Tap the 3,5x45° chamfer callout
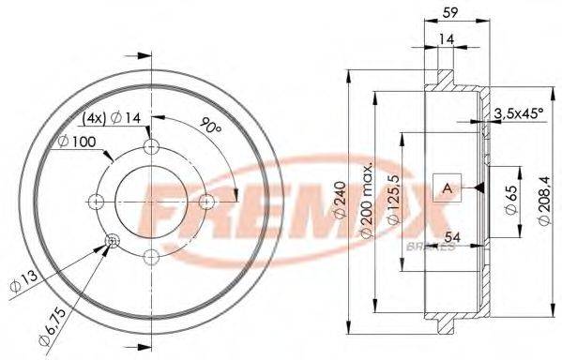tap(518, 113)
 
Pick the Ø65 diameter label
tap(510, 200)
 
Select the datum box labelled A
tap(447, 189)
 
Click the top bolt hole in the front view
tap(151, 147)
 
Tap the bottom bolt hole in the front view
tap(151, 255)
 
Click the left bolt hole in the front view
tap(97, 201)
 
